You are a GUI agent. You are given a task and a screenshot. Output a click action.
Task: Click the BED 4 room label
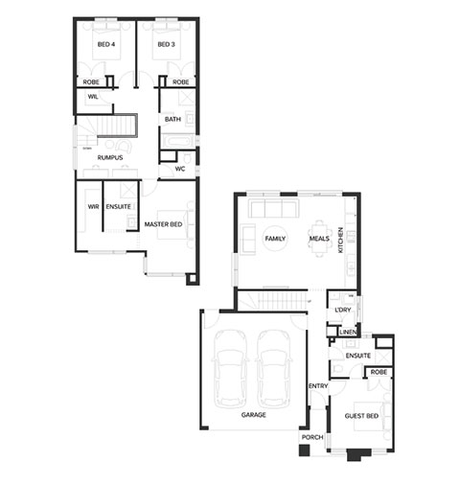pos(106,44)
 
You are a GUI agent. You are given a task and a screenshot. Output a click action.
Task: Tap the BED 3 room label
pos(166,44)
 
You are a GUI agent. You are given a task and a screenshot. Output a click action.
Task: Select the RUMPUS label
pos(110,157)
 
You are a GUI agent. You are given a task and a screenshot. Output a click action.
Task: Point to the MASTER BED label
pos(163,224)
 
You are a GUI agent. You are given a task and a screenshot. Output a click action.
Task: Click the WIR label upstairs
pos(93,207)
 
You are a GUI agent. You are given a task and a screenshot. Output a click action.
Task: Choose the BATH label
pos(172,119)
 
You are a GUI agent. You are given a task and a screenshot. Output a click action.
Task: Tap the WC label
pos(180,169)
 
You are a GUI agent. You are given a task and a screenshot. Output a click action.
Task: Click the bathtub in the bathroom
pos(177,141)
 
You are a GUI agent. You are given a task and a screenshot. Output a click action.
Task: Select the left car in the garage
pos(229,369)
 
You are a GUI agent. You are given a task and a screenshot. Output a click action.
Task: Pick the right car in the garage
pos(274,369)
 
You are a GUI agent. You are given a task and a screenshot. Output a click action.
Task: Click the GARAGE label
pos(253,415)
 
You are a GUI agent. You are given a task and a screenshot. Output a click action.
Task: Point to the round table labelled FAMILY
pos(275,239)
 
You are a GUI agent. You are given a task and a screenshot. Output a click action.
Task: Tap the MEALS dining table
pos(319,239)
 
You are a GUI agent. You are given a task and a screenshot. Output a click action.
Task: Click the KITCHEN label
pos(340,240)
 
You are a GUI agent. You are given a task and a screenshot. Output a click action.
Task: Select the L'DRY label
pos(343,310)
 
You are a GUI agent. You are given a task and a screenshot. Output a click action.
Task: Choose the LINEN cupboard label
pos(348,333)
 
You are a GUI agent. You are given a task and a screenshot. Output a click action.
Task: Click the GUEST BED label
pos(361,416)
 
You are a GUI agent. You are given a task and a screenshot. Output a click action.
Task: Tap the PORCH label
pos(312,437)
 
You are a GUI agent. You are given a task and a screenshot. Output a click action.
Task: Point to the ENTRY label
pos(318,386)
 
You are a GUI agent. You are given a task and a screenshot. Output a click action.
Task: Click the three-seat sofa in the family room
pos(274,208)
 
